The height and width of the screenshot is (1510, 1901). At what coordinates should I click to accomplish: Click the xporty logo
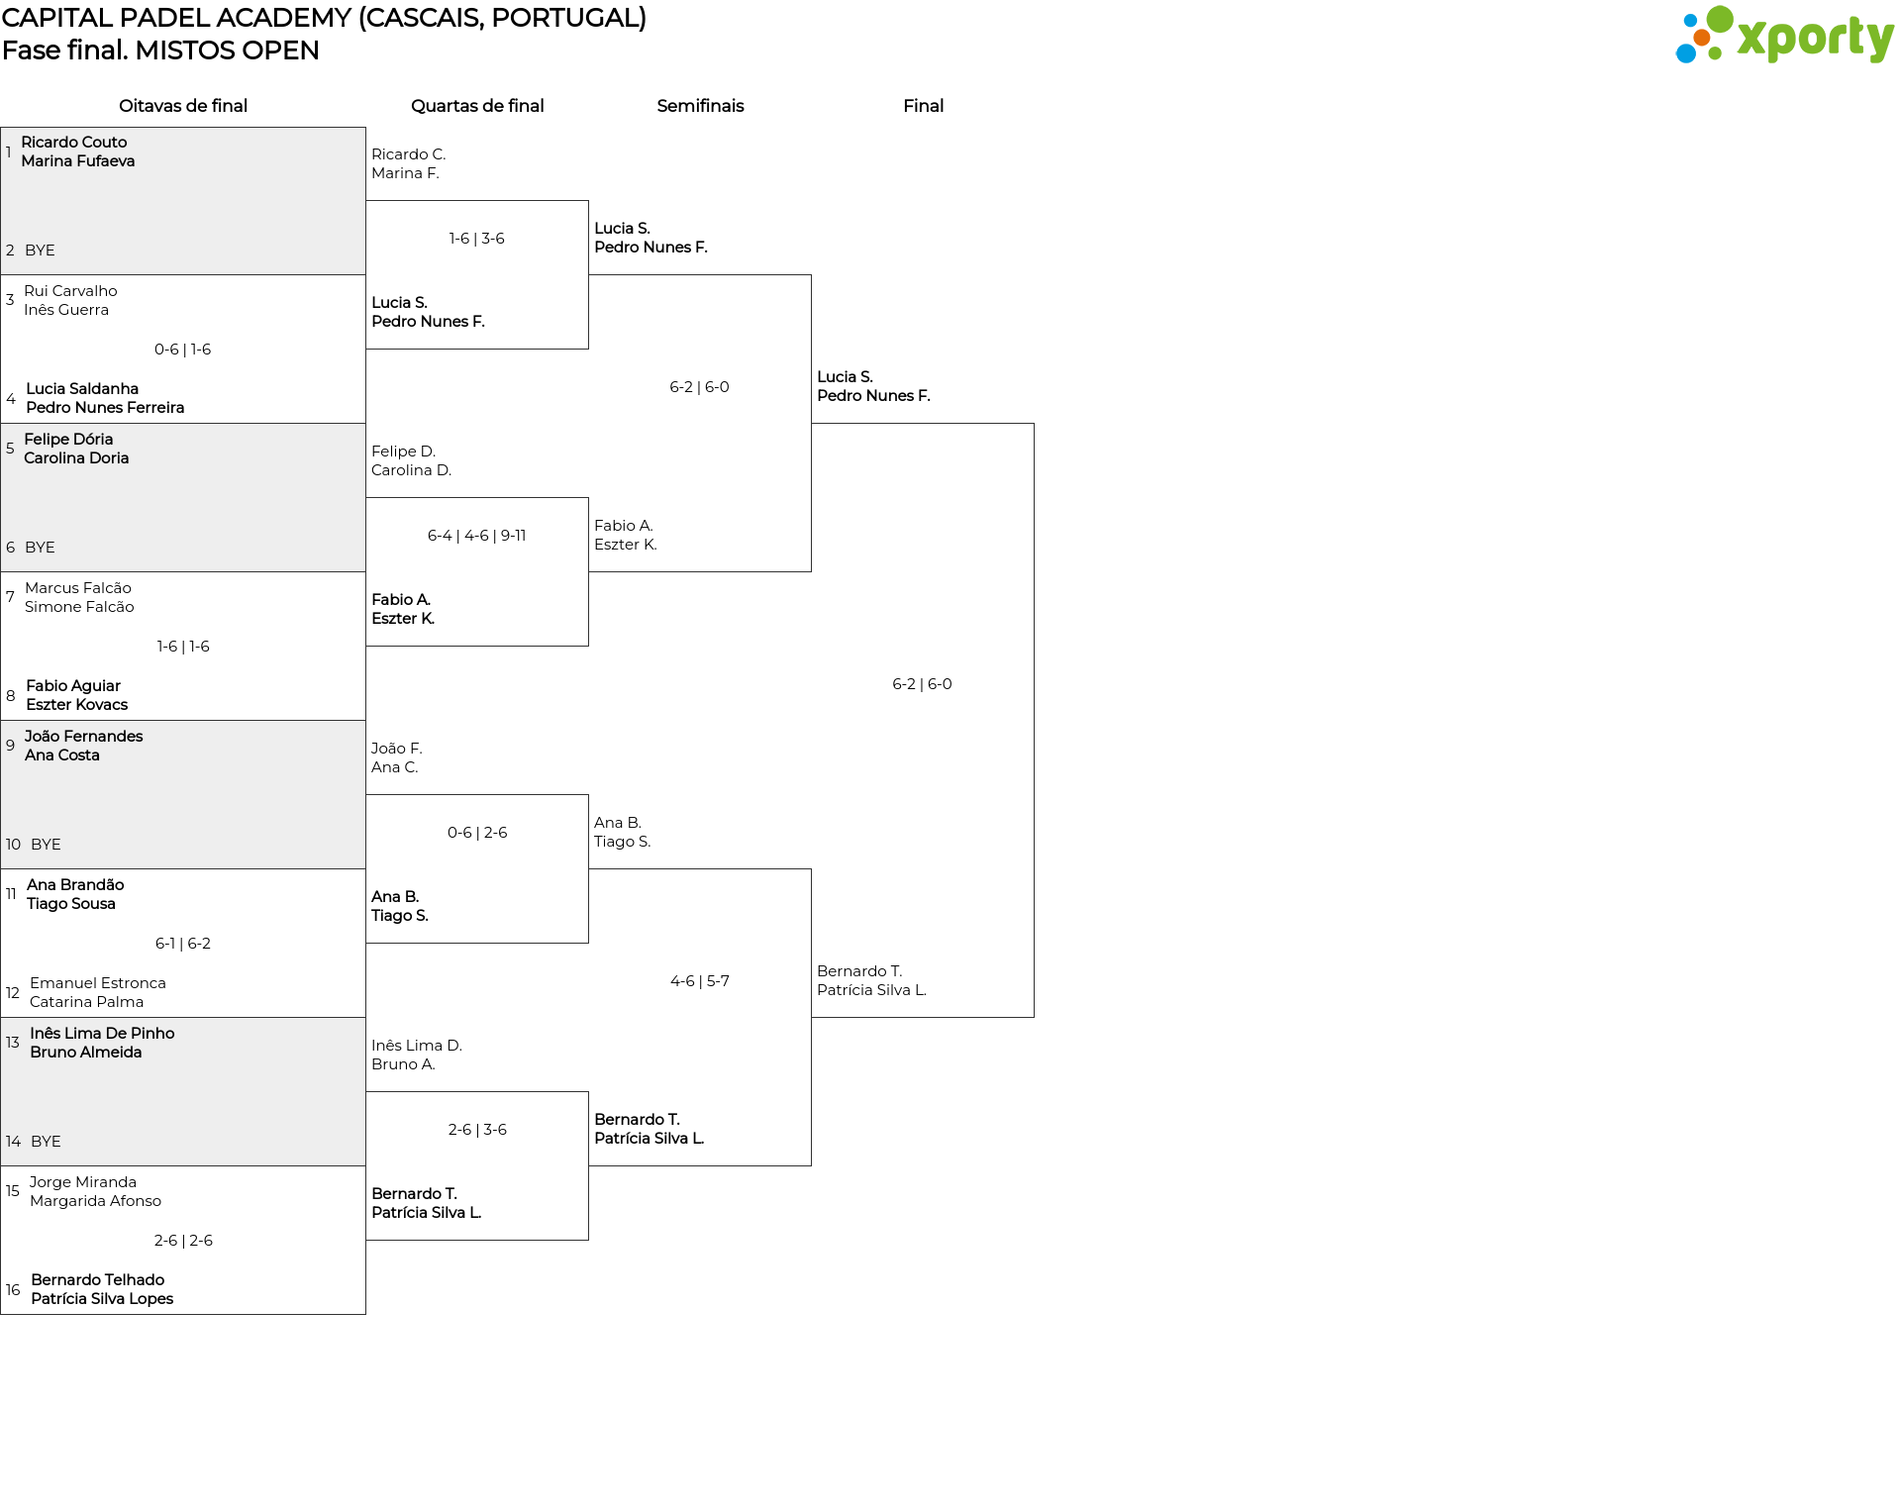click(x=1784, y=36)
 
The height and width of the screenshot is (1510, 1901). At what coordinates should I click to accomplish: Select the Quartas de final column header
click(x=477, y=106)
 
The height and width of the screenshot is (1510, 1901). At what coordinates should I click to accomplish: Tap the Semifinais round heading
click(x=700, y=106)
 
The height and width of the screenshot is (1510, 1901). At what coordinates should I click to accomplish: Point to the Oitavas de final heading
click(x=183, y=106)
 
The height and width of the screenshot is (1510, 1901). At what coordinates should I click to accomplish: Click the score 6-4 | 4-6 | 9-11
click(x=477, y=536)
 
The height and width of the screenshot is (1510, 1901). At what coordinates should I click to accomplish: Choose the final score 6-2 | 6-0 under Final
click(x=922, y=684)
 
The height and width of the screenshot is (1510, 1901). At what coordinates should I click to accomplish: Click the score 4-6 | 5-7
click(x=700, y=981)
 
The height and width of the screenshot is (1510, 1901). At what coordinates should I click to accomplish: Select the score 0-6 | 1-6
click(x=183, y=350)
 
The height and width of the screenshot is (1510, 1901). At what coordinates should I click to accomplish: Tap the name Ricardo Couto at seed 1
click(x=74, y=143)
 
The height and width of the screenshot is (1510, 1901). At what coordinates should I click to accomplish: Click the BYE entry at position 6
click(x=40, y=548)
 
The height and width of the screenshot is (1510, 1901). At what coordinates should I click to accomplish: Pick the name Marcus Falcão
click(x=78, y=588)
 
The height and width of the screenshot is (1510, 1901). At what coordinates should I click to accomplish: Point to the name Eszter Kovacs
click(x=77, y=705)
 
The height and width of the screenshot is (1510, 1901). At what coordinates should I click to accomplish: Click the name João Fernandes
click(x=84, y=737)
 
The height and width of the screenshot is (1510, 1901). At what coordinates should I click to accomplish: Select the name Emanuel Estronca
click(x=98, y=983)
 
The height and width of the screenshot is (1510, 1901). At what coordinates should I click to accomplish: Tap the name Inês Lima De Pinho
click(x=102, y=1034)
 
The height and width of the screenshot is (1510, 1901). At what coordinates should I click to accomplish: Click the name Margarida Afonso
click(x=95, y=1201)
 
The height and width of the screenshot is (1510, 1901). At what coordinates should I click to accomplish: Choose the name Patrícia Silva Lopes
click(x=102, y=1299)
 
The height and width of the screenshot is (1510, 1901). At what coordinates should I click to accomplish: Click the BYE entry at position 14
click(x=46, y=1142)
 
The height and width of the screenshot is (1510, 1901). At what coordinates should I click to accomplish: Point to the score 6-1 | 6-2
click(x=183, y=944)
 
